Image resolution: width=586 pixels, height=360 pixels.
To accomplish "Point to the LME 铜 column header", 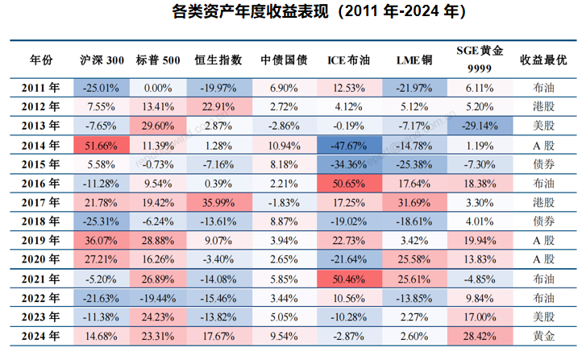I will click(x=414, y=60).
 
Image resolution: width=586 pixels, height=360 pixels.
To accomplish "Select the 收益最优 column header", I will click(x=542, y=60).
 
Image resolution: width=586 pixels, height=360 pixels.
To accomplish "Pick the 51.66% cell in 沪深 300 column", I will click(x=102, y=146).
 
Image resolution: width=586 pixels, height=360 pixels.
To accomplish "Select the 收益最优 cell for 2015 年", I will click(x=542, y=165).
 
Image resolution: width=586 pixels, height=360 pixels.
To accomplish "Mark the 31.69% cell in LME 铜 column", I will click(x=414, y=203).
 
